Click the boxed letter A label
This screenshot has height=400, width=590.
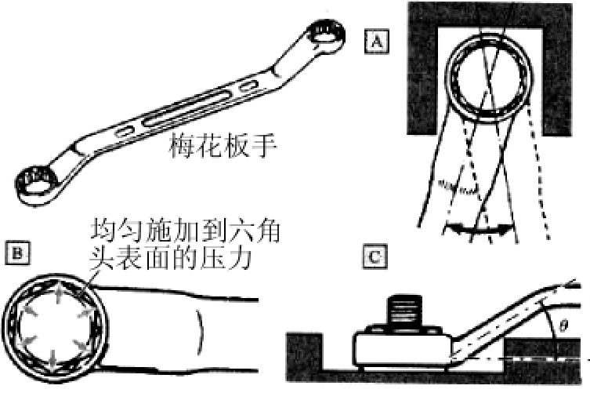377,42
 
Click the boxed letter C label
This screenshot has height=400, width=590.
375,257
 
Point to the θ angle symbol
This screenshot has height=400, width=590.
563,325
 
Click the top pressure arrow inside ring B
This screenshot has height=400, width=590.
57,295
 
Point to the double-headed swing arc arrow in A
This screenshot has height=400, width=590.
478,229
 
